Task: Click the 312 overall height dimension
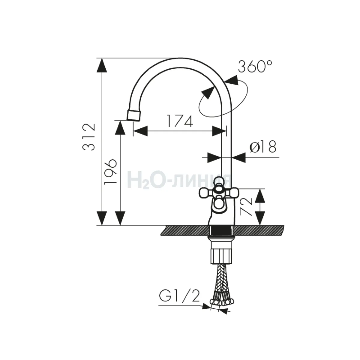click(x=89, y=137)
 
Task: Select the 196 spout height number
click(x=111, y=172)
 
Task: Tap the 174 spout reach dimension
click(x=179, y=121)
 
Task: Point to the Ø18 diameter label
click(x=263, y=146)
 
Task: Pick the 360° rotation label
click(x=255, y=66)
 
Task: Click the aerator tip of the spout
click(x=134, y=115)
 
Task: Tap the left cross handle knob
click(x=205, y=193)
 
